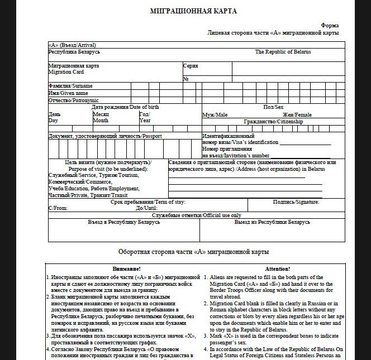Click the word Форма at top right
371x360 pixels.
pyautogui.click(x=330, y=26)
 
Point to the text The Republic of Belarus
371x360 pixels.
pyautogui.click(x=283, y=52)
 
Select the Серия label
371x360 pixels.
pyautogui.click(x=191, y=66)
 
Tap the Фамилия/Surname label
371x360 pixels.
pyautogui.click(x=70, y=86)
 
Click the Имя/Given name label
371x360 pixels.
pyautogui.click(x=68, y=93)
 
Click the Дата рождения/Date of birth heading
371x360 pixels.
pyautogui.click(x=125, y=107)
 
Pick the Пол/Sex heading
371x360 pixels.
pyautogui.click(x=273, y=107)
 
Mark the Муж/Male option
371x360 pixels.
pyautogui.click(x=215, y=115)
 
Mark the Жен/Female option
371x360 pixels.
pyautogui.click(x=297, y=115)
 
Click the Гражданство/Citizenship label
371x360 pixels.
pyautogui.click(x=273, y=122)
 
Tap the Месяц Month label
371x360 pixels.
pyautogui.click(x=101, y=117)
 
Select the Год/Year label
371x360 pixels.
pyautogui.click(x=145, y=117)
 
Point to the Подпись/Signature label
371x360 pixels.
pyautogui.click(x=296, y=201)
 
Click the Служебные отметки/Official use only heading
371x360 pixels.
pyautogui.click(x=197, y=215)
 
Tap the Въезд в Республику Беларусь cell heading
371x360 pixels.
pyautogui.click(x=124, y=222)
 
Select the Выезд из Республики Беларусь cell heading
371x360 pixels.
pyautogui.click(x=272, y=222)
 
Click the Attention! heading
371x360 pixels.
pyautogui.click(x=277, y=268)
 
